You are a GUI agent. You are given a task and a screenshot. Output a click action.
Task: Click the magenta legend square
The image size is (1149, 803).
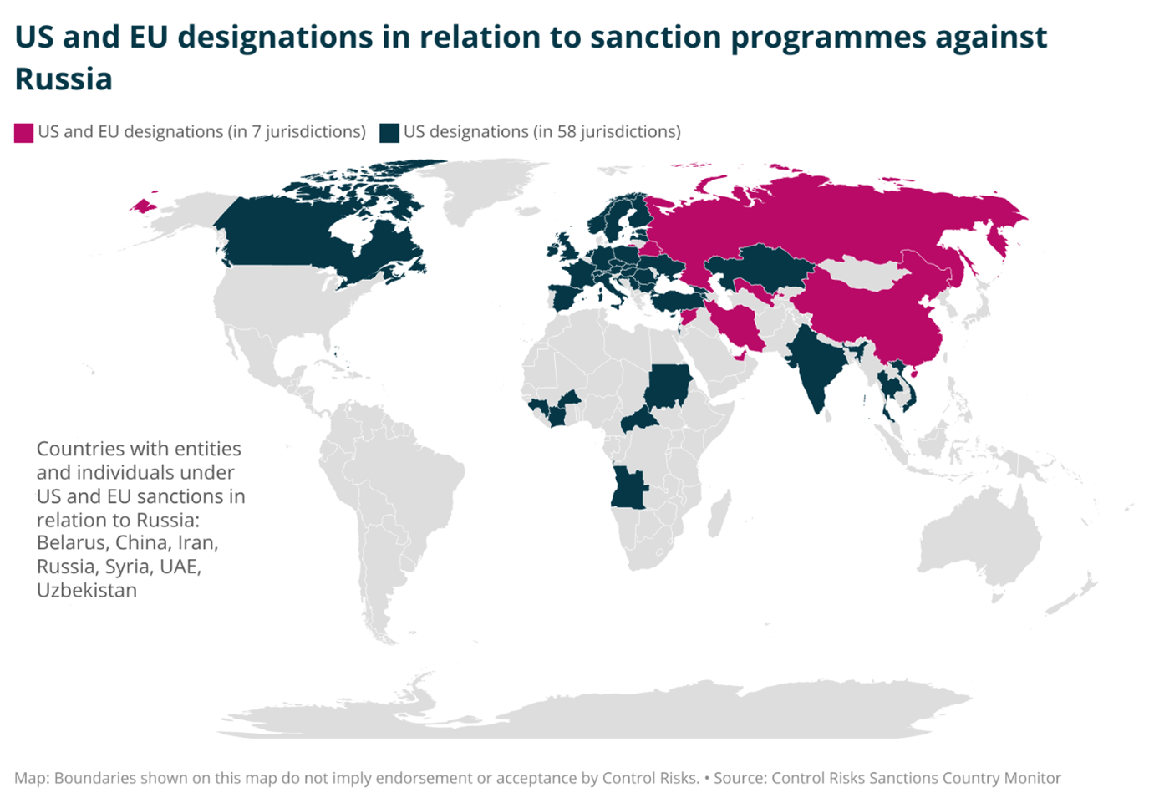[x=23, y=133]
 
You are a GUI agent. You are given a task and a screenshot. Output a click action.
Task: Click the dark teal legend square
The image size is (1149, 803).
[x=389, y=133]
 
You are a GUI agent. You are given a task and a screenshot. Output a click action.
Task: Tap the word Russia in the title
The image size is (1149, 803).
[x=64, y=79]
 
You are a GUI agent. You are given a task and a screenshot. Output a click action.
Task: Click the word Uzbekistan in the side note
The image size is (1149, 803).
[x=87, y=591]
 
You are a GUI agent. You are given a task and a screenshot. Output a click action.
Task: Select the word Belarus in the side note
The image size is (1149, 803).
[x=71, y=543]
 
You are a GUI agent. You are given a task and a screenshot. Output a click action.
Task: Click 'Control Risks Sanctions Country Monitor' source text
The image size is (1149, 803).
[x=916, y=778]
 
